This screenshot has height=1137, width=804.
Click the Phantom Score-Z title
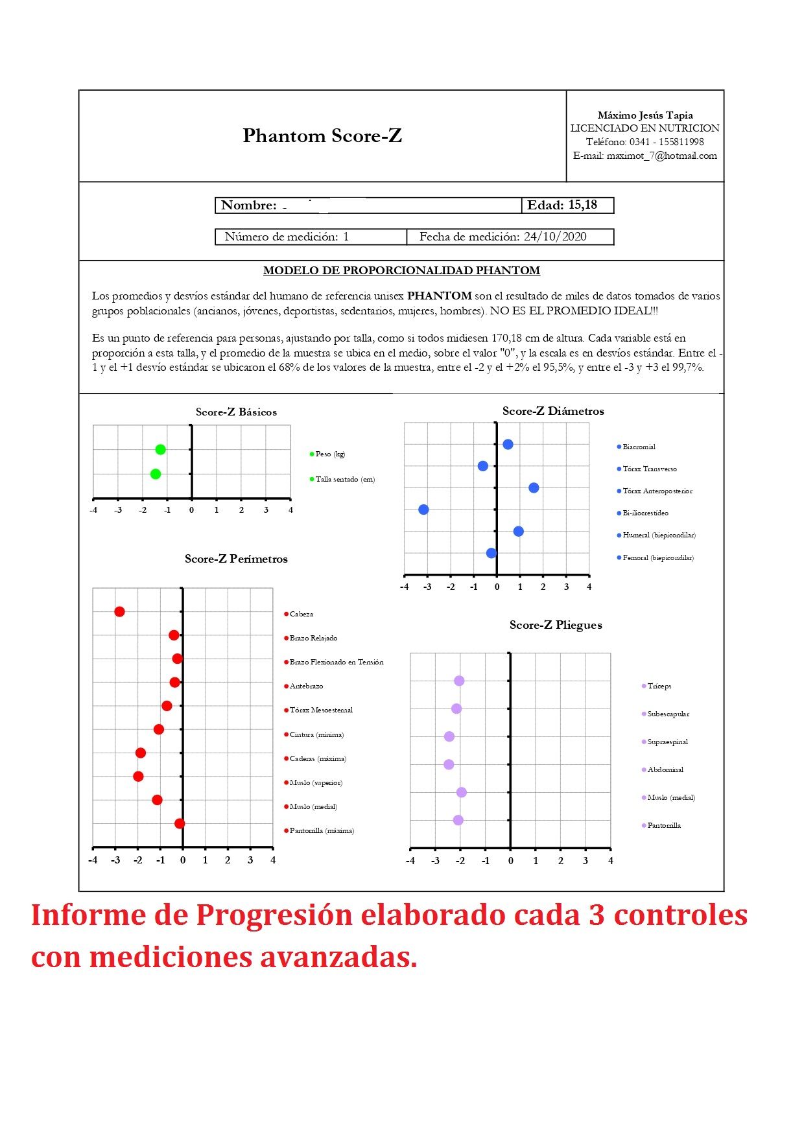(322, 135)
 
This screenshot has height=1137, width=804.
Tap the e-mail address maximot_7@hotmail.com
(661, 156)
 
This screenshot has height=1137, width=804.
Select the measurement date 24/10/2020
(555, 237)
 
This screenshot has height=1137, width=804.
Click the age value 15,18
(582, 205)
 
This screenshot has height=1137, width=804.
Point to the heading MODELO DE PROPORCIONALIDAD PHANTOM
(401, 270)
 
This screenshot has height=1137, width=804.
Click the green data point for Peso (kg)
(160, 449)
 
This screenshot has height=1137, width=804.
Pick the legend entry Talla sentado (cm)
(345, 480)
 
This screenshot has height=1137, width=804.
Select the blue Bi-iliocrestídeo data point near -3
(423, 510)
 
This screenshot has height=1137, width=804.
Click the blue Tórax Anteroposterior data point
(534, 487)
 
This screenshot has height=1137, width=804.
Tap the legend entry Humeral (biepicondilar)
(659, 535)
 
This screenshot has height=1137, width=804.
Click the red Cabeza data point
(119, 611)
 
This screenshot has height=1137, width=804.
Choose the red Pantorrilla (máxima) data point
(180, 823)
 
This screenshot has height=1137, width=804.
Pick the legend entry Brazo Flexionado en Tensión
(337, 662)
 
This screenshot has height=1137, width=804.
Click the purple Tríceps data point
(459, 681)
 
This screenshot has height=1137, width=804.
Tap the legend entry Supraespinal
(667, 742)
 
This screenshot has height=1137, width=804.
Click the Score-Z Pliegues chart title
(556, 625)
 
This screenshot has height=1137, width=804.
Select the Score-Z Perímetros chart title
(236, 559)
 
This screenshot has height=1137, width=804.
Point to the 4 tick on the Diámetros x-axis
(589, 587)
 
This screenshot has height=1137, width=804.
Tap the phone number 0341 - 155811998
(667, 142)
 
